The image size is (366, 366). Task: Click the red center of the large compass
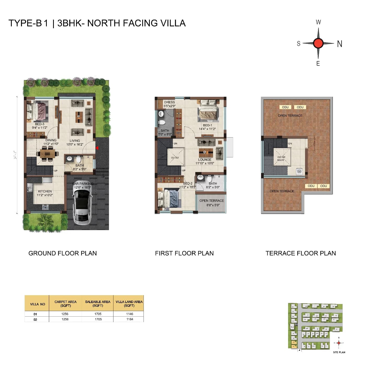tap(318, 43)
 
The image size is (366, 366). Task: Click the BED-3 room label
tap(40, 124)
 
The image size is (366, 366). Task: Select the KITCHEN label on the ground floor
tap(45, 191)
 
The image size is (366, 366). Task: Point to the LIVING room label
tap(75, 141)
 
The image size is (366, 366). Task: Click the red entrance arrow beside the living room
tap(97, 148)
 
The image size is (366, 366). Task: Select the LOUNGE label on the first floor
tap(205, 159)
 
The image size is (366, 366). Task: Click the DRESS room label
tap(169, 102)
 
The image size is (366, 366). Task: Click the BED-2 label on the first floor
tap(188, 184)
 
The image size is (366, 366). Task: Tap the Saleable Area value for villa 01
tap(98, 314)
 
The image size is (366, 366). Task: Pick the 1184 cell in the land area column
tap(130, 319)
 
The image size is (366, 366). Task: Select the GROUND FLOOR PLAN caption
tap(62, 253)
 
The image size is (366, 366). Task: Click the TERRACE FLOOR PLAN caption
tap(301, 253)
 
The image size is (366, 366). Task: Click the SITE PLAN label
tap(339, 352)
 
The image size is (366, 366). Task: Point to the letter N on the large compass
tap(339, 44)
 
